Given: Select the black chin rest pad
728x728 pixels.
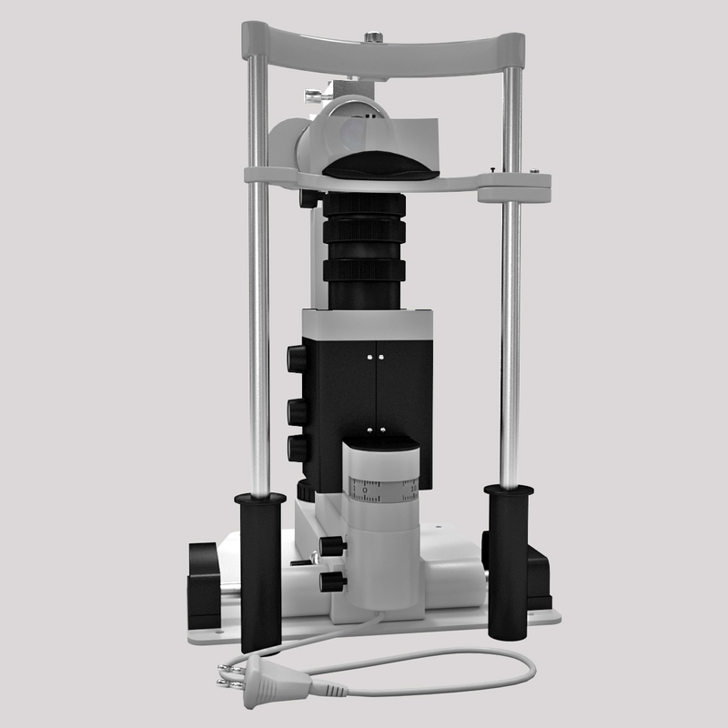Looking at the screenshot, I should pos(382,167).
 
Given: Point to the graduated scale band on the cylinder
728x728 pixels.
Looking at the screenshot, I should pos(383,489).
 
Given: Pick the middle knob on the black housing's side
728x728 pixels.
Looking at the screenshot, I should pos(298,411).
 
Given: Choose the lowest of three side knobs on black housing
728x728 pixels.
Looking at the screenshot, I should pos(298,448).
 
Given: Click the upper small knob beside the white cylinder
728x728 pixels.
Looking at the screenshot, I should pos(333,546).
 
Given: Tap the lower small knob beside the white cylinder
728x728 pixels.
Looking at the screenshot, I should pos(333,580).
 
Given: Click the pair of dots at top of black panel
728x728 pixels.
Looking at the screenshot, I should pos(376,358).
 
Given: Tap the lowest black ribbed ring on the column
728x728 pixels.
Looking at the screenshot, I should pos(364,270).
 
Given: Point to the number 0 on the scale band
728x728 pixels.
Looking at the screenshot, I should pos(365,490).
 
